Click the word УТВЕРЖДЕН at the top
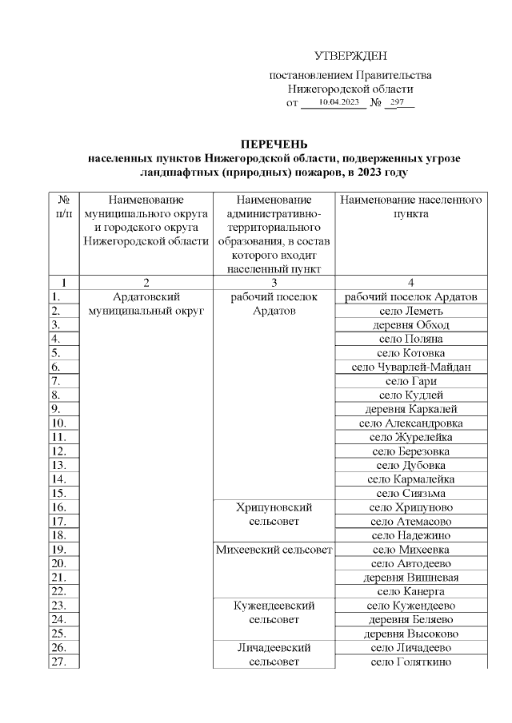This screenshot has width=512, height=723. (x=350, y=56)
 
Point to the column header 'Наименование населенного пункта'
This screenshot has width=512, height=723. (x=411, y=206)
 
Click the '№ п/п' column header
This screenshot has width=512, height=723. (x=64, y=206)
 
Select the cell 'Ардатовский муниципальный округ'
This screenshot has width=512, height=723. (x=146, y=304)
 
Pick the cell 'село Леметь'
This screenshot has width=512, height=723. (x=411, y=311)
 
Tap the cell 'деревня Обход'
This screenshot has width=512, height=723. (x=411, y=325)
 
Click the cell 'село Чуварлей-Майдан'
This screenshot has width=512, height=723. (x=411, y=367)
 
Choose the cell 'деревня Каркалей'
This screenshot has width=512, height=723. (x=411, y=409)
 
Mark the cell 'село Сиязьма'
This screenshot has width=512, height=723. (x=411, y=493)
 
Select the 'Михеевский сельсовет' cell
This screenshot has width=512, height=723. (x=274, y=550)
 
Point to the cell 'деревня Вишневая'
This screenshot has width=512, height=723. (x=411, y=577)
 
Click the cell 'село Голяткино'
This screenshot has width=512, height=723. (x=411, y=661)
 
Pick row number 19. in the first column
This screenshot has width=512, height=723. (x=58, y=550)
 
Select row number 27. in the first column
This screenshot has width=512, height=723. (x=58, y=661)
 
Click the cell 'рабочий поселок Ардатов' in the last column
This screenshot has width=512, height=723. (x=411, y=297)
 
